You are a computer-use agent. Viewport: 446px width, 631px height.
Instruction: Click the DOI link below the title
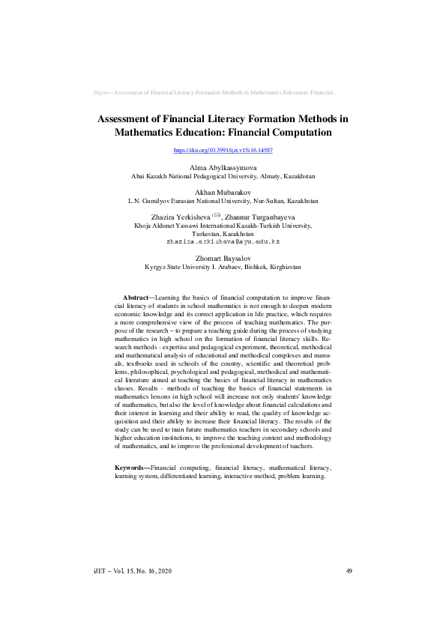(223, 151)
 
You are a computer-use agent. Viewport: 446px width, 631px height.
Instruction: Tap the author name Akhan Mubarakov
(223, 193)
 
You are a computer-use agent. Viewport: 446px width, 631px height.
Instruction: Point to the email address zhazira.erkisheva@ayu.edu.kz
(223, 242)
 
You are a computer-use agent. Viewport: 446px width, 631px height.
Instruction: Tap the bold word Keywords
(130, 468)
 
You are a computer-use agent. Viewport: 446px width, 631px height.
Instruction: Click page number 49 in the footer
(349, 572)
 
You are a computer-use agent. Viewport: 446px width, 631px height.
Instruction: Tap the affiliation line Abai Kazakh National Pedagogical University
(223, 176)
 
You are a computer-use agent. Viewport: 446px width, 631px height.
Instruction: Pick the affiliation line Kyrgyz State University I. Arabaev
(223, 267)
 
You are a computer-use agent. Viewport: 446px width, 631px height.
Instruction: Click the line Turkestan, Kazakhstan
(223, 234)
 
